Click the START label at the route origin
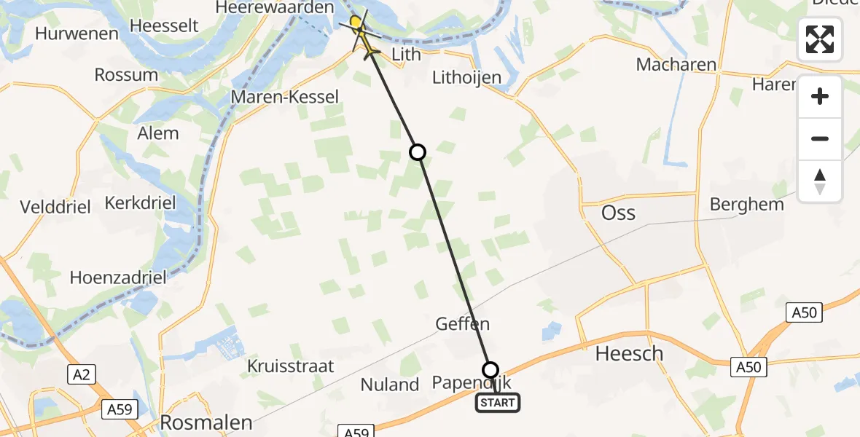click(498, 402)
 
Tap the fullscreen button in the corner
click(820, 39)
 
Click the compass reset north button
click(820, 181)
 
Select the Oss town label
click(618, 213)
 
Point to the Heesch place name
click(630, 354)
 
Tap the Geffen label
click(462, 323)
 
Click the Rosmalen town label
click(206, 422)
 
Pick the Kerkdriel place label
click(141, 202)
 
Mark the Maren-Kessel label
click(284, 97)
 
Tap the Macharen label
click(676, 64)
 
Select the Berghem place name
click(746, 204)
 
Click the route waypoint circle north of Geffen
click(417, 151)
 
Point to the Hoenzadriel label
click(118, 277)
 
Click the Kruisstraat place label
click(291, 366)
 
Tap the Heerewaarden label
click(274, 7)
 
